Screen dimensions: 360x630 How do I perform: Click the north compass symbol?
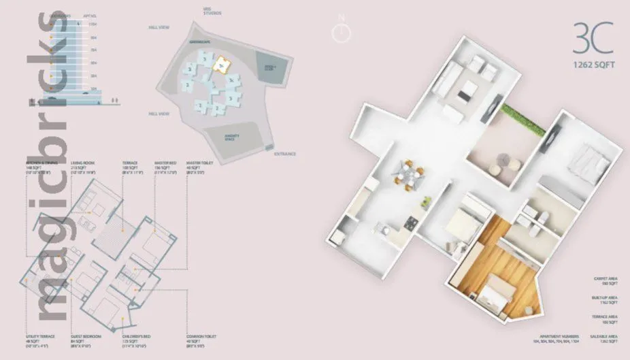(x=342, y=32)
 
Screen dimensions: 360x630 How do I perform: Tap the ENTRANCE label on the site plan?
(x=285, y=154)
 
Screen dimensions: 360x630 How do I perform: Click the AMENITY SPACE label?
(x=233, y=137)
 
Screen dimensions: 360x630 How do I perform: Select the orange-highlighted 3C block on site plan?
(x=219, y=65)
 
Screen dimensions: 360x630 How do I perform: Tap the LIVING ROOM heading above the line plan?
(x=82, y=164)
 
